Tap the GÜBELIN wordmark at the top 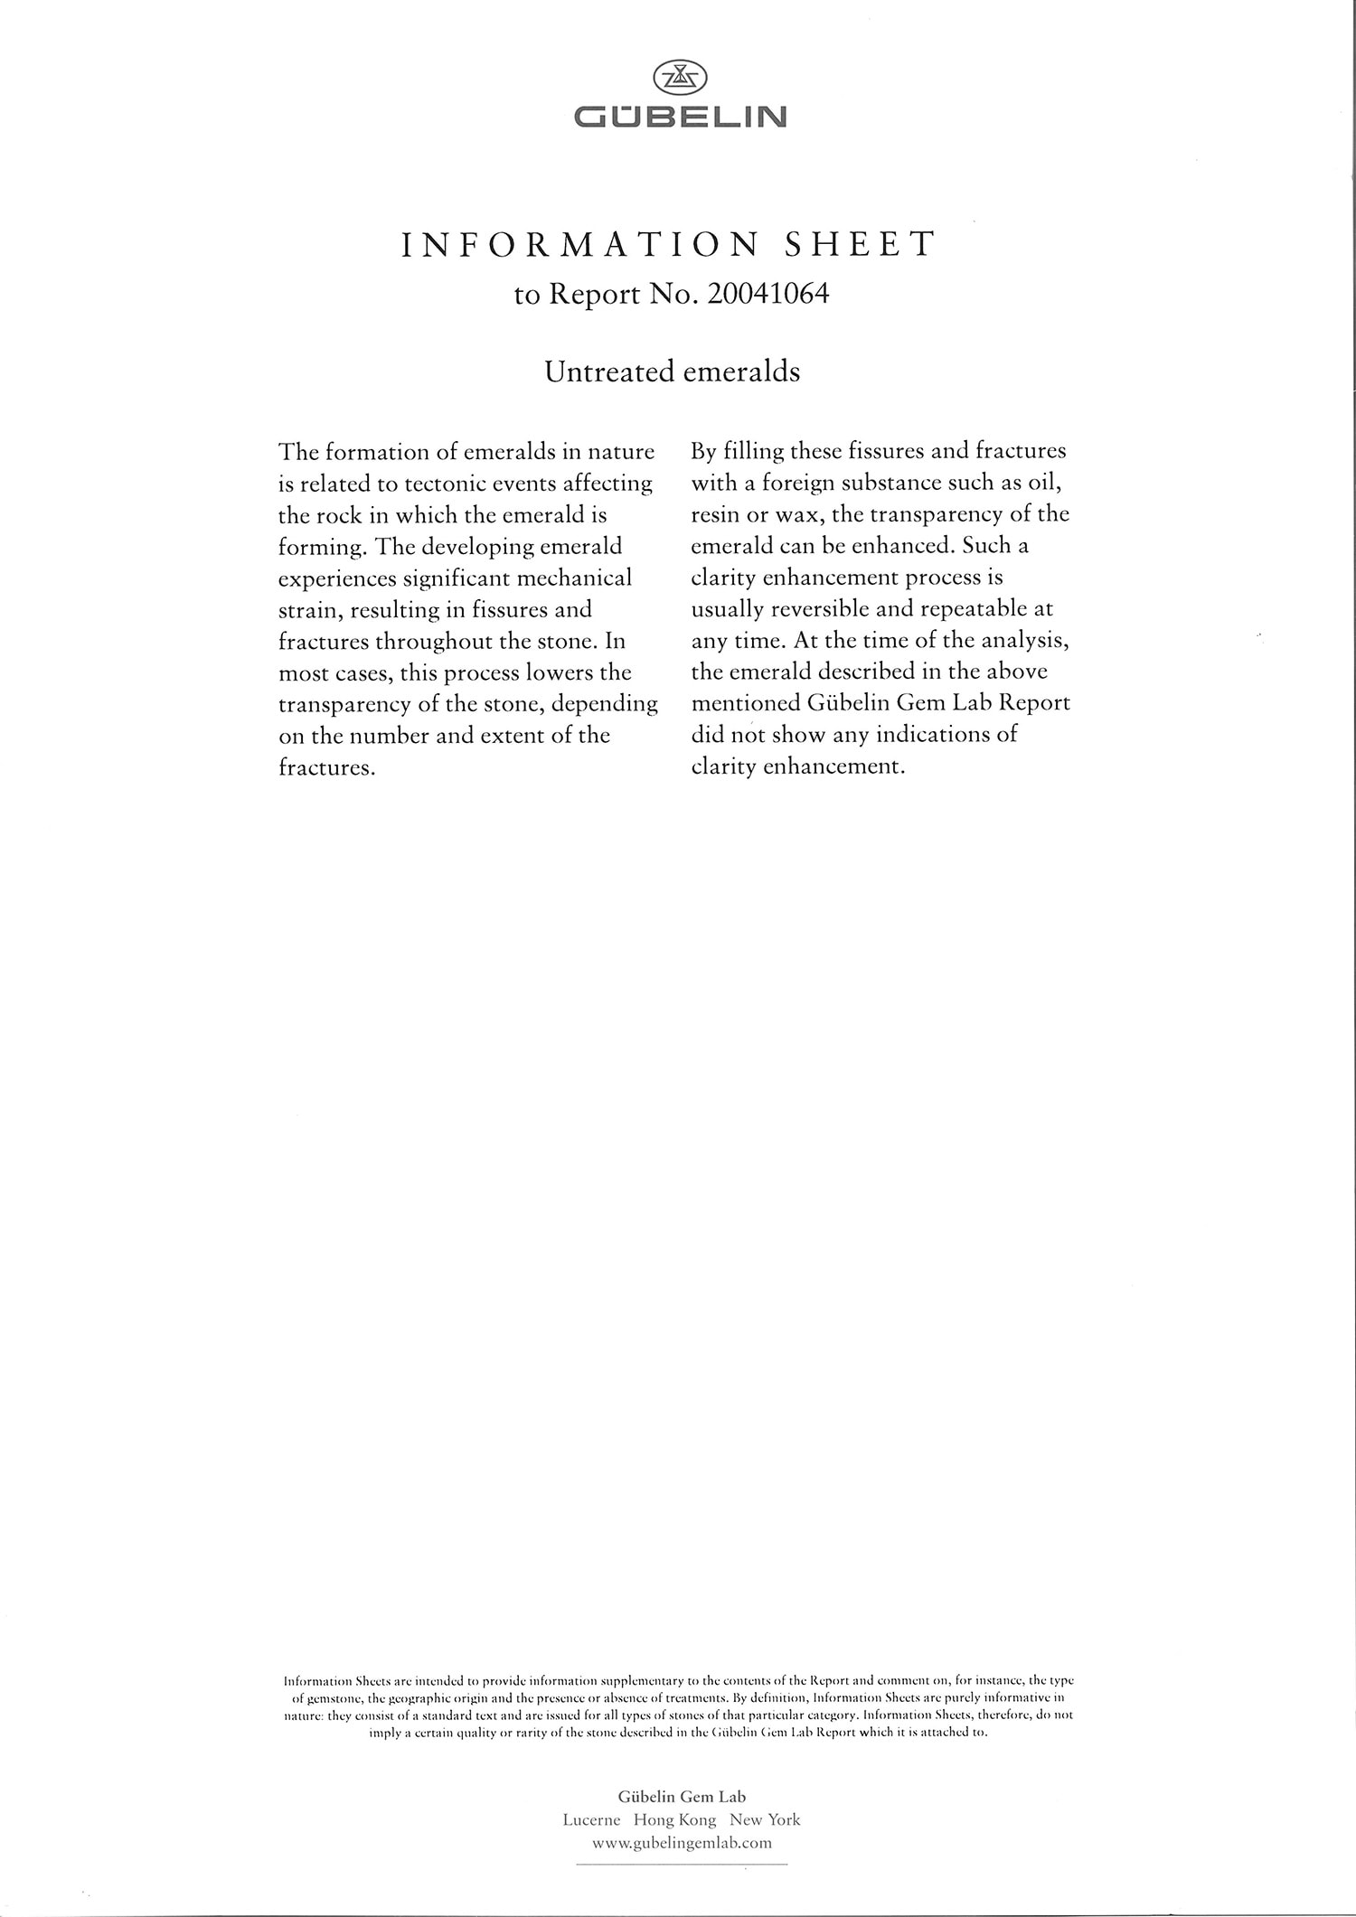681,117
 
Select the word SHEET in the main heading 860,245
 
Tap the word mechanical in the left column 573,578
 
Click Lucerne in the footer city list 591,1819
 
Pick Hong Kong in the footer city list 674,1819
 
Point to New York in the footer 765,1819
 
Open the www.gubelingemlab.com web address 682,1842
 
